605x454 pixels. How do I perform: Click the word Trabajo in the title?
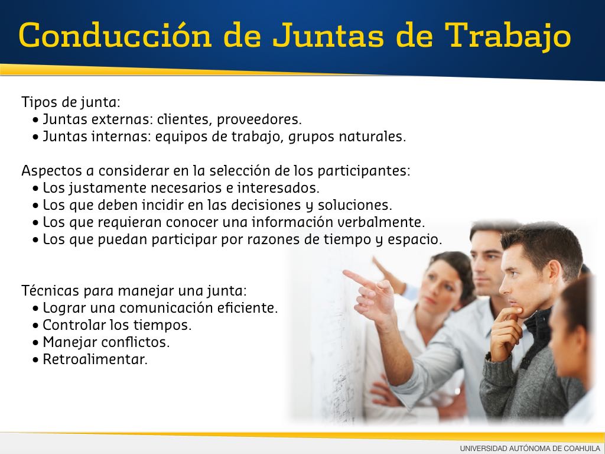[x=508, y=36]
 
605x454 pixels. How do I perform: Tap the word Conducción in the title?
[x=115, y=35]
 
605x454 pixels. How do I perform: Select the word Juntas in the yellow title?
[x=328, y=35]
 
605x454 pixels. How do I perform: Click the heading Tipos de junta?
[x=71, y=102]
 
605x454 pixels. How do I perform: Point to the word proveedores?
[x=259, y=119]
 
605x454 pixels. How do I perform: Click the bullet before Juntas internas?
[x=36, y=137]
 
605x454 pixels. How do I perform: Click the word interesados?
[x=278, y=188]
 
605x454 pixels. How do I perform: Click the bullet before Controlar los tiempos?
[x=36, y=326]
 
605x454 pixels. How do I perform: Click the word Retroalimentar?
[x=95, y=359]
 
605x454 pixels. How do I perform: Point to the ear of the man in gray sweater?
[x=552, y=271]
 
